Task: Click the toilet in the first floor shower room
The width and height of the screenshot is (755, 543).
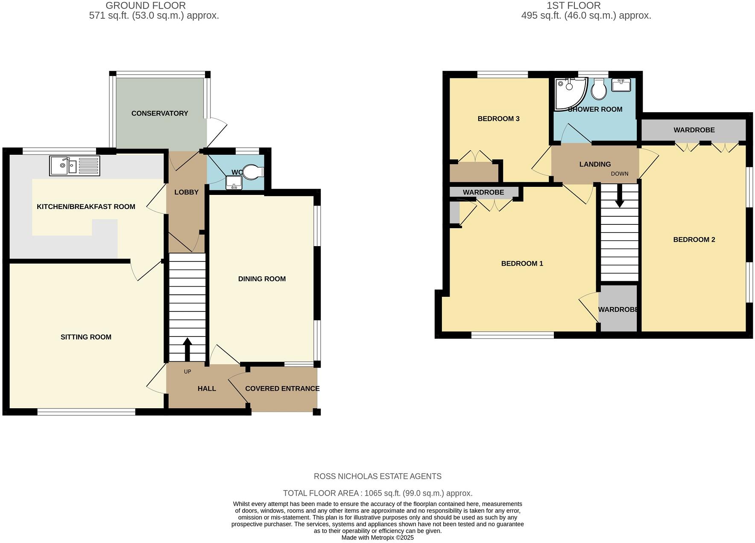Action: click(x=599, y=90)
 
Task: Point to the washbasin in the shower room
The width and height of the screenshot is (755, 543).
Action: click(x=621, y=85)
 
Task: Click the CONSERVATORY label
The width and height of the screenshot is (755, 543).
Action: click(x=159, y=113)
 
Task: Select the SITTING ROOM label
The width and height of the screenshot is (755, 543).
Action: click(x=86, y=337)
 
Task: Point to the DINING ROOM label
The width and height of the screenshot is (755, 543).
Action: click(x=262, y=279)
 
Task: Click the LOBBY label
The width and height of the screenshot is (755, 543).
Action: click(x=186, y=192)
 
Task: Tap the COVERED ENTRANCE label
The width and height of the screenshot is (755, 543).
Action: click(x=282, y=389)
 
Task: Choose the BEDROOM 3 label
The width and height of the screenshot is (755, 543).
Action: click(x=498, y=119)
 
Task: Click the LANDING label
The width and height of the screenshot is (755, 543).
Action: click(x=594, y=164)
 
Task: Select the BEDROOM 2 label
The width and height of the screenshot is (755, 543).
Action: click(x=694, y=240)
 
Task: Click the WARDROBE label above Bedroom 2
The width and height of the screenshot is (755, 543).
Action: click(x=694, y=130)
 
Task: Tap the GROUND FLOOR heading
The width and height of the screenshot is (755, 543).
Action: click(x=145, y=6)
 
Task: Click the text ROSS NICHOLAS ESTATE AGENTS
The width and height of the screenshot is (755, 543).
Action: click(x=377, y=476)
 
